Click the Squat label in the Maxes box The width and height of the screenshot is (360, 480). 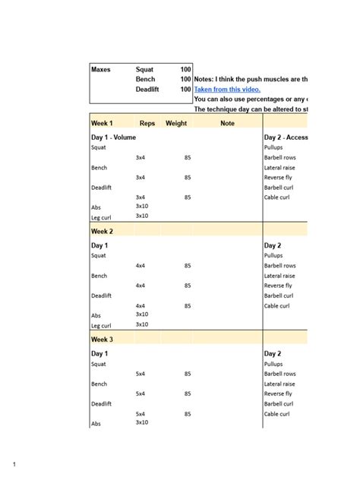pyautogui.click(x=144, y=69)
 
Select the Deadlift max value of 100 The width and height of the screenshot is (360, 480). pyautogui.click(x=185, y=89)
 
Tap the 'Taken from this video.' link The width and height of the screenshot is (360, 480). pyautogui.click(x=227, y=89)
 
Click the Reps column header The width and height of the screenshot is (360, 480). pyautogui.click(x=147, y=122)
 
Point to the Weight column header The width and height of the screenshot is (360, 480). pyautogui.click(x=176, y=122)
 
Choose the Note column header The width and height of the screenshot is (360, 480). pyautogui.click(x=227, y=122)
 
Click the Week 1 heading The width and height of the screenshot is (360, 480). pyautogui.click(x=102, y=122)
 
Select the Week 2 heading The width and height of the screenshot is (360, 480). pyautogui.click(x=102, y=231)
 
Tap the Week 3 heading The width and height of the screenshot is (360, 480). pyautogui.click(x=102, y=339)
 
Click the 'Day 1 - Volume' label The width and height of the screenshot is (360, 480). pyautogui.click(x=113, y=137)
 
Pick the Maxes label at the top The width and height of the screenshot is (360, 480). pyautogui.click(x=100, y=69)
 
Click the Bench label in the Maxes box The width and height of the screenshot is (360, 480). pyautogui.click(x=145, y=79)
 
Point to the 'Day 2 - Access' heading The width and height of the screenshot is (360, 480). pyautogui.click(x=286, y=137)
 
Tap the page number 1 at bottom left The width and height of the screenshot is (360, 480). pyautogui.click(x=13, y=463)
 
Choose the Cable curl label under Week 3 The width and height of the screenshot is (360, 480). pyautogui.click(x=276, y=414)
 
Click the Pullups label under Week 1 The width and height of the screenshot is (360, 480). pyautogui.click(x=273, y=147)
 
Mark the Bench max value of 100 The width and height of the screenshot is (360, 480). pyautogui.click(x=185, y=79)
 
